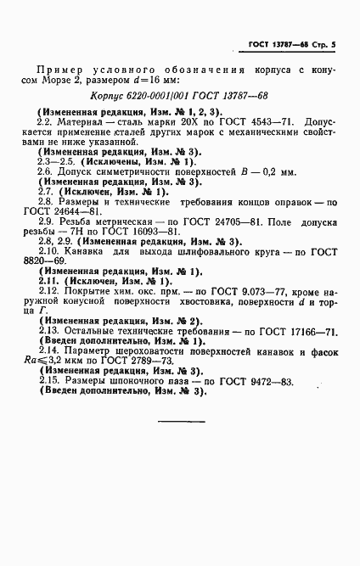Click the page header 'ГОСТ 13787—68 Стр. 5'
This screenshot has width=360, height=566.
click(290, 42)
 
